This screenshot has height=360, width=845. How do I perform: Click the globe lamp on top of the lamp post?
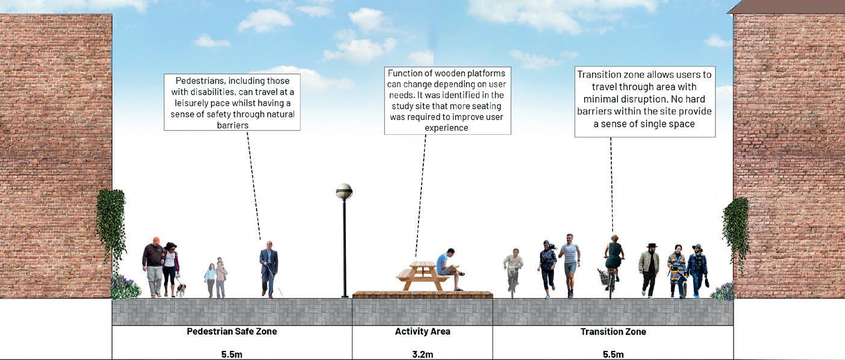click(x=344, y=191)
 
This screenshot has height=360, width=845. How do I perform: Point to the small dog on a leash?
click(x=181, y=290)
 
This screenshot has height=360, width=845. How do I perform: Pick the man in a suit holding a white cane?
click(x=269, y=268)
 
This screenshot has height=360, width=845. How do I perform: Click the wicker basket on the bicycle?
click(x=603, y=277)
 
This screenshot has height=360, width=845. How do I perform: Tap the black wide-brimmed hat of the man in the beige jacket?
click(x=650, y=246)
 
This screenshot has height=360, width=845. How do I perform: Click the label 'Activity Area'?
click(x=422, y=332)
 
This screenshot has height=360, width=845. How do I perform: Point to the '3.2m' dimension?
click(x=422, y=354)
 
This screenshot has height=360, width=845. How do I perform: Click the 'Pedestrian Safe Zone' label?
click(x=232, y=332)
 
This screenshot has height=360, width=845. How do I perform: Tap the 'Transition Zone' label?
click(x=613, y=332)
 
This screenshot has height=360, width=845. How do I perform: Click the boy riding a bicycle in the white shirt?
click(x=513, y=270)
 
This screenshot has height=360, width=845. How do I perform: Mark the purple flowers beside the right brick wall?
click(x=723, y=291)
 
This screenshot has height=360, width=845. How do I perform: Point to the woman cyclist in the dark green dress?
click(x=614, y=259)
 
